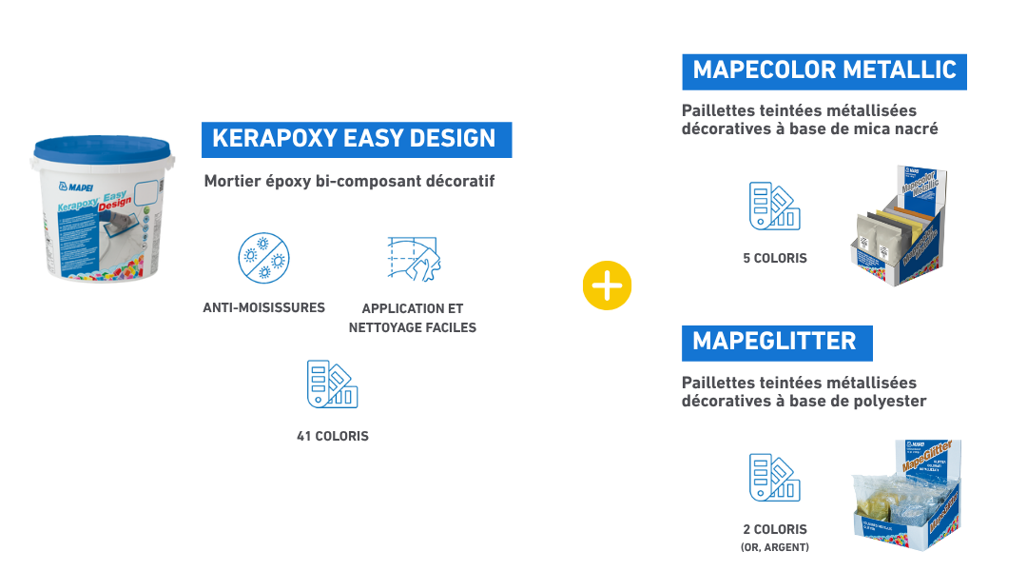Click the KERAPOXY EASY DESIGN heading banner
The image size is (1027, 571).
click(x=356, y=139)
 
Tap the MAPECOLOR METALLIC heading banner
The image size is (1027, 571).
click(x=824, y=71)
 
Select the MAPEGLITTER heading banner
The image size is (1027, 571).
click(x=776, y=342)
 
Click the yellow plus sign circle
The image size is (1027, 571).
click(x=607, y=285)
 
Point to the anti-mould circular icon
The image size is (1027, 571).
click(x=263, y=258)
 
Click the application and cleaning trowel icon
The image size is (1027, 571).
click(x=415, y=258)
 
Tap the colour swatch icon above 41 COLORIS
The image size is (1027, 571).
click(x=332, y=384)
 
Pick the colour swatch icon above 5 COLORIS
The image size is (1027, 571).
click(x=774, y=206)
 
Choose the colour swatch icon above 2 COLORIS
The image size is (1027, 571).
click(x=774, y=478)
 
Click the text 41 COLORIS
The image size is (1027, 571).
click(x=332, y=437)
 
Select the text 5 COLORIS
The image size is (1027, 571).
click(x=774, y=258)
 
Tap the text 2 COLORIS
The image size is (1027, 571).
click(x=774, y=529)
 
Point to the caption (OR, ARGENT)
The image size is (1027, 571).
click(x=774, y=547)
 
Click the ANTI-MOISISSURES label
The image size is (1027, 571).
click(x=263, y=307)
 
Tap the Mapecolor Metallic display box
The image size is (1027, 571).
click(x=899, y=228)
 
